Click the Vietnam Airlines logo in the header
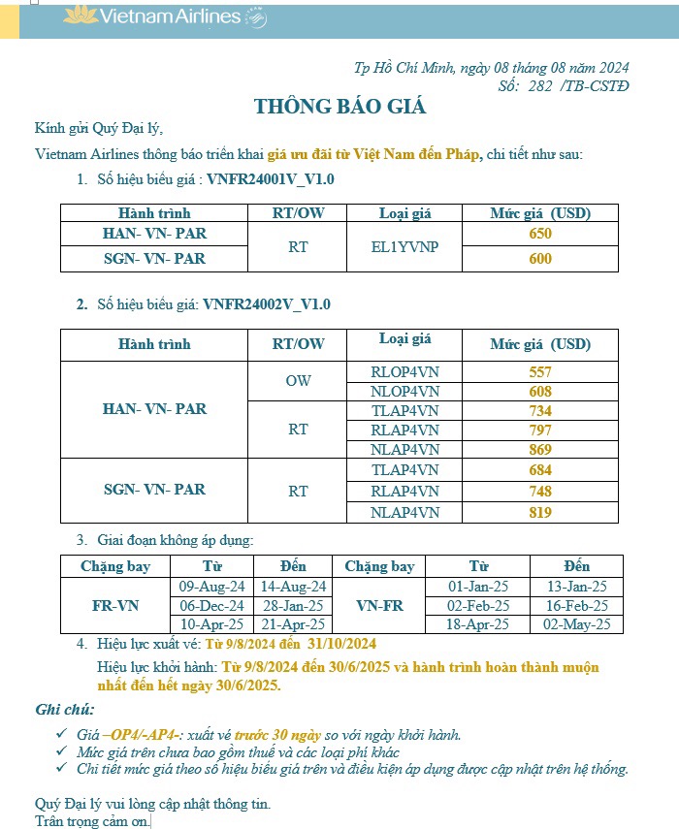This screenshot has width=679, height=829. [165, 16]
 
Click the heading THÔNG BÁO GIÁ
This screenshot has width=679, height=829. [339, 107]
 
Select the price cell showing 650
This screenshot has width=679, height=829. [540, 234]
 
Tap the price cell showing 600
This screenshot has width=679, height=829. [540, 259]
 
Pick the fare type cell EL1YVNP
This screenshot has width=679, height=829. [404, 246]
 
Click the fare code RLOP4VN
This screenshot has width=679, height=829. [404, 371]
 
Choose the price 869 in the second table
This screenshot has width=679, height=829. [540, 450]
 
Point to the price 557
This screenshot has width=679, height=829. [540, 371]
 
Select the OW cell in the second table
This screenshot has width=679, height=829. [298, 381]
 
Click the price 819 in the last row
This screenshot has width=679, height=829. [540, 512]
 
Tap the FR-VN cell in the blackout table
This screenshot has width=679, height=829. [115, 606]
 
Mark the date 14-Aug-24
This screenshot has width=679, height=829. [293, 587]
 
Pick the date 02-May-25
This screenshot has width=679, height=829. [576, 625]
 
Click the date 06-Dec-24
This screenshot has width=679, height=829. [212, 606]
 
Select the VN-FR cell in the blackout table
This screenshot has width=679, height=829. [379, 606]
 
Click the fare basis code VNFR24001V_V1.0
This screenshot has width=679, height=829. [270, 179]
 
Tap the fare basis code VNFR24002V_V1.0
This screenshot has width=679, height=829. [267, 304]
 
